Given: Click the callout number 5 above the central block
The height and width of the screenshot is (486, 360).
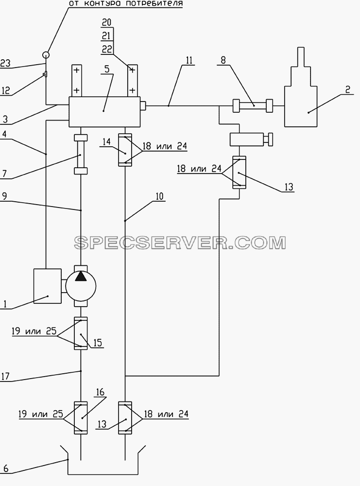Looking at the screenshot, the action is click(x=107, y=69).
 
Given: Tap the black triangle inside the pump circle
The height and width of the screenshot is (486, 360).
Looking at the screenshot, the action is click(x=81, y=276).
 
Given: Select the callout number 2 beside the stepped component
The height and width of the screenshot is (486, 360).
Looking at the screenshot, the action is click(x=347, y=89).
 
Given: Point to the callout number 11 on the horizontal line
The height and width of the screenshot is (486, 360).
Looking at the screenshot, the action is click(x=189, y=60).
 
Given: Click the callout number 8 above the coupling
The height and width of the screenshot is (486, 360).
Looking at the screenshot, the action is click(x=223, y=60).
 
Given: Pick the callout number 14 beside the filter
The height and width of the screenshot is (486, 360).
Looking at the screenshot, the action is click(x=106, y=141).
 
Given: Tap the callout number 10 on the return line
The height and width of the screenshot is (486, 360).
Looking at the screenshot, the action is click(x=159, y=196).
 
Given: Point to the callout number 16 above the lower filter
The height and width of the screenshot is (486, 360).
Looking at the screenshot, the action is click(x=100, y=392).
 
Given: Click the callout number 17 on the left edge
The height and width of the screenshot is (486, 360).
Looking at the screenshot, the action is click(x=5, y=376).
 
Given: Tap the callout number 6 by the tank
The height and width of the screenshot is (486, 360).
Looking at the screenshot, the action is click(x=5, y=468).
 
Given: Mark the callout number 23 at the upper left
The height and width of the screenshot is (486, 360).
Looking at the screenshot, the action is click(x=5, y=63).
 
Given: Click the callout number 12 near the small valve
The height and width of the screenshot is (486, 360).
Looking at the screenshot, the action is click(x=5, y=90).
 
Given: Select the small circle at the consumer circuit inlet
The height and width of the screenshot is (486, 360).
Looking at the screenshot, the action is click(x=46, y=55).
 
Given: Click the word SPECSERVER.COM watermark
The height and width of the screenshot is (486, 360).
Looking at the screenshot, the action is click(x=180, y=243).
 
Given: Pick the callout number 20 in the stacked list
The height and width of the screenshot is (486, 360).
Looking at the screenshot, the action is click(x=106, y=22).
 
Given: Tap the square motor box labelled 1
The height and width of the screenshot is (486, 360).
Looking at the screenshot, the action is click(x=48, y=286).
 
